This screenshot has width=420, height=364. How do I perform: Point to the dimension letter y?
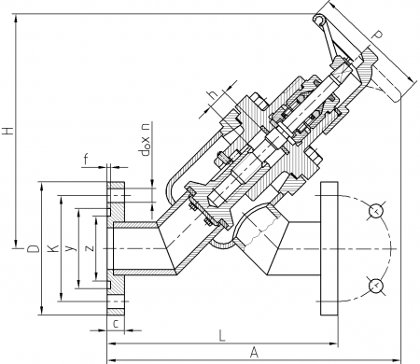[72, 247]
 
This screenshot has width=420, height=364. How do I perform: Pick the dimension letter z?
[90, 248]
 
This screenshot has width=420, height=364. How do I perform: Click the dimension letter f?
[86, 159]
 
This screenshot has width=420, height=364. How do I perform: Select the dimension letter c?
[116, 324]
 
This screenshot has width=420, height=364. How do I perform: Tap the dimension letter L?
[221, 336]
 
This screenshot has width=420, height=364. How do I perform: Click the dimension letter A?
[254, 353]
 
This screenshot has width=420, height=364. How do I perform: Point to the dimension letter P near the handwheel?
[377, 35]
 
